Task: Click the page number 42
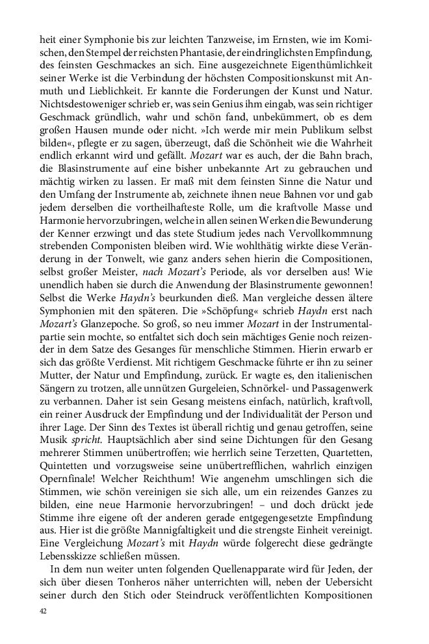tap(43, 611)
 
